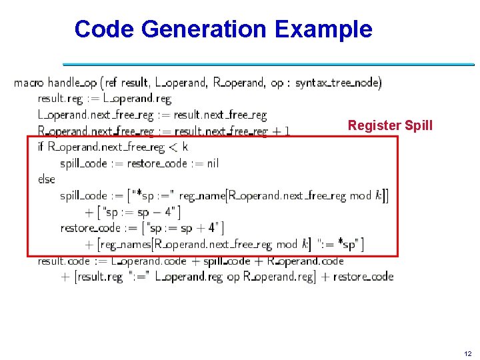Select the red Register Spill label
click(390, 125)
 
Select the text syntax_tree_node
click(338, 83)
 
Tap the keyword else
click(47, 179)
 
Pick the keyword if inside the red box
click(41, 147)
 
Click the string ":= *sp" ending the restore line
click(341, 244)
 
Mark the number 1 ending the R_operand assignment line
click(286, 131)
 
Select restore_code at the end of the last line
click(363, 277)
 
